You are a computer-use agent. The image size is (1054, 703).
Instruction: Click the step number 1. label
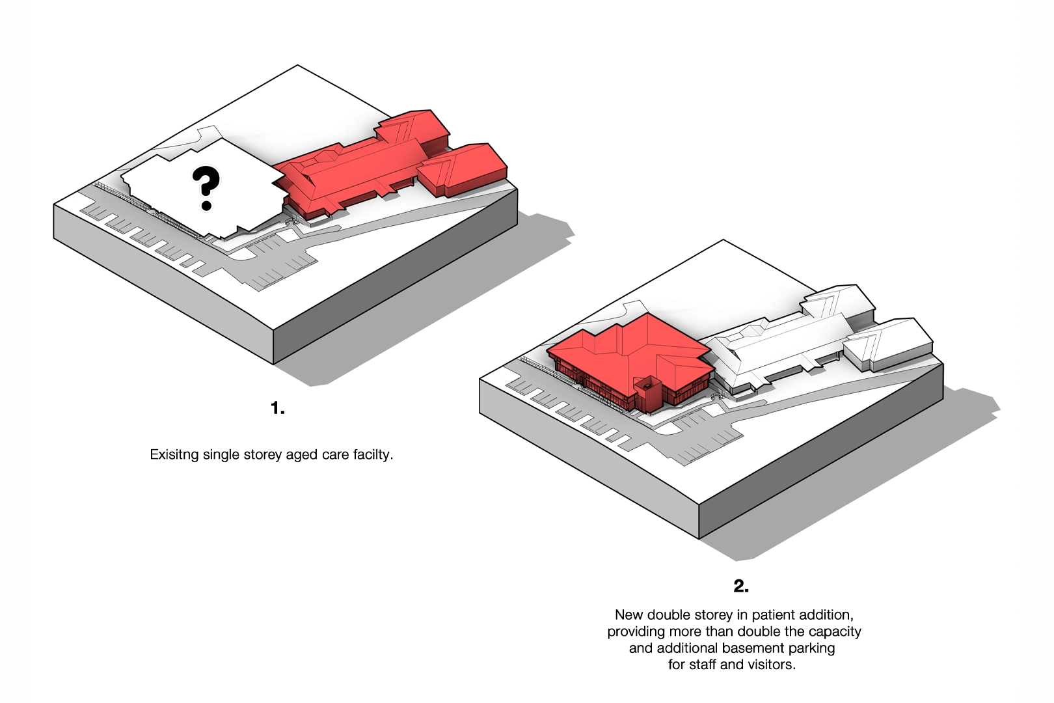pyautogui.click(x=278, y=408)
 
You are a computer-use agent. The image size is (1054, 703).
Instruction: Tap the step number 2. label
pyautogui.click(x=741, y=586)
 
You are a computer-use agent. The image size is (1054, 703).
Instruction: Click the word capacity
pyautogui.click(x=833, y=632)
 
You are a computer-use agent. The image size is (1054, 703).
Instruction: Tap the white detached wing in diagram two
pyautogui.click(x=888, y=346)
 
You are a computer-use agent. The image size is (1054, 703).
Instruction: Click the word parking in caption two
pyautogui.click(x=811, y=648)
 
